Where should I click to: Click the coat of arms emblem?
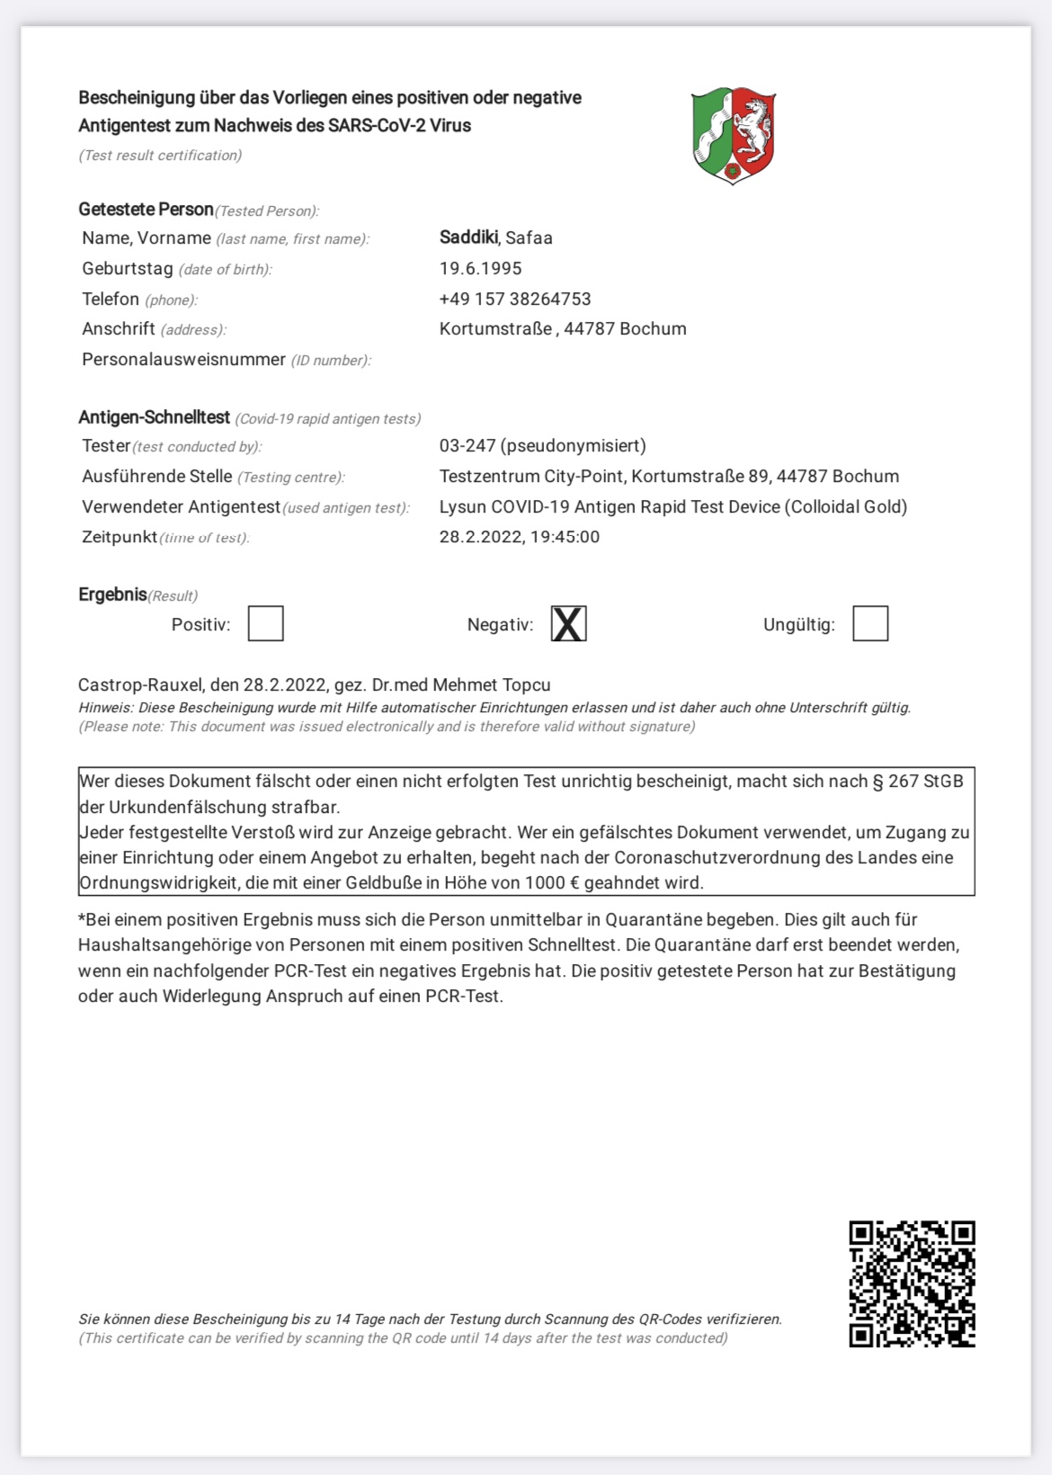(x=734, y=135)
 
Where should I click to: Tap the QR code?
(x=912, y=1283)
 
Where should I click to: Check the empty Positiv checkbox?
(x=265, y=623)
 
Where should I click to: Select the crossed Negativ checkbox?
(x=568, y=623)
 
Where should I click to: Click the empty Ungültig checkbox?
(x=869, y=623)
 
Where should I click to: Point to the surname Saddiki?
(x=468, y=237)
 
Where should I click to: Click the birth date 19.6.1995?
(x=480, y=268)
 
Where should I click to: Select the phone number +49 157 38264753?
(x=514, y=299)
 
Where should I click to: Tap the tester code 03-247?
(x=467, y=445)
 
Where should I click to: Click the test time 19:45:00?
(x=565, y=537)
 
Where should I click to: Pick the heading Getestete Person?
(x=146, y=209)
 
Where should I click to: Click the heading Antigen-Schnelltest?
(x=154, y=417)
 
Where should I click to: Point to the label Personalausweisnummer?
(x=183, y=360)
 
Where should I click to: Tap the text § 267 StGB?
(x=917, y=781)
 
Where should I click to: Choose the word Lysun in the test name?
(x=462, y=506)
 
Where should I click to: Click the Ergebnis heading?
(x=112, y=594)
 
